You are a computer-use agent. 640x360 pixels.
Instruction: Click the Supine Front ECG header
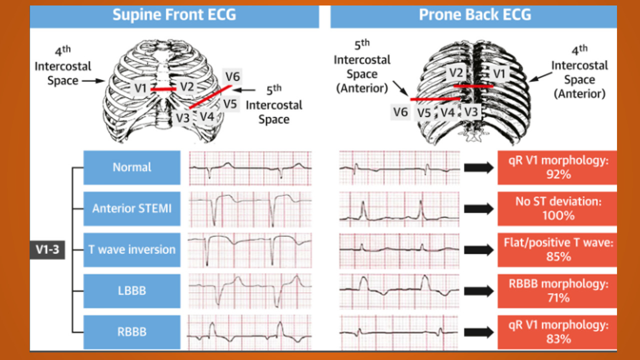tap(174, 15)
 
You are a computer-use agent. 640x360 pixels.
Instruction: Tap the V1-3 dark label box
tap(47, 249)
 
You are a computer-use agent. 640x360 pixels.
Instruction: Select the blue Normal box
tap(132, 167)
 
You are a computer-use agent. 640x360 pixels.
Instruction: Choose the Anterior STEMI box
tap(132, 208)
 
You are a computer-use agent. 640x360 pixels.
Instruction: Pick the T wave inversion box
tap(132, 249)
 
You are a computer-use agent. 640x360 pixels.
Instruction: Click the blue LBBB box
tap(132, 290)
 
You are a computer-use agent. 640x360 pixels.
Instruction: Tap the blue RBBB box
tap(132, 331)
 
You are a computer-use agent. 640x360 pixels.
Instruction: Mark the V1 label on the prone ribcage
tap(499, 73)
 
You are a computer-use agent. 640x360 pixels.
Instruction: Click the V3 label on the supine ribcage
tap(182, 118)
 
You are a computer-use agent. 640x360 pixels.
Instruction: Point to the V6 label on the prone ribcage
tap(400, 112)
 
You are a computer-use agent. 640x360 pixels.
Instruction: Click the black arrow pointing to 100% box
tap(478, 208)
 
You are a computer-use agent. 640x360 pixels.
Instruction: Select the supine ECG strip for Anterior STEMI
tap(250, 208)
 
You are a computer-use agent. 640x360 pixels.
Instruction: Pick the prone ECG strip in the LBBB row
tap(399, 290)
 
